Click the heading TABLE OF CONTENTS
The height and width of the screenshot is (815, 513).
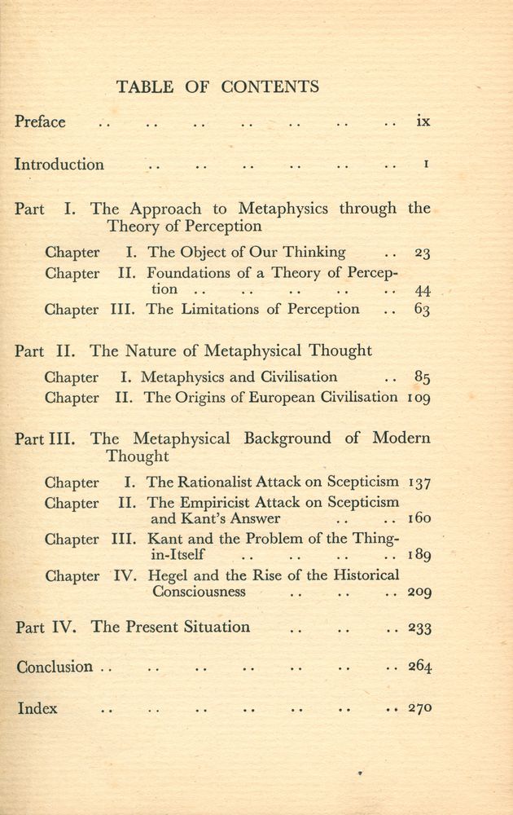pyautogui.click(x=217, y=87)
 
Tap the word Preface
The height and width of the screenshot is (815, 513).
pyautogui.click(x=40, y=122)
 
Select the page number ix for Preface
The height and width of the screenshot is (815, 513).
pyautogui.click(x=422, y=122)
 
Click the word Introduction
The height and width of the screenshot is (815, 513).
pyautogui.click(x=59, y=165)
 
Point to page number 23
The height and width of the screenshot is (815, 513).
pyautogui.click(x=422, y=253)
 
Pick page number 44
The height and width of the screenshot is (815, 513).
pyautogui.click(x=422, y=291)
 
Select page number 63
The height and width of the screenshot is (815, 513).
pyautogui.click(x=422, y=311)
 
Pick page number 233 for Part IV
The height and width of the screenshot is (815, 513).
pyautogui.click(x=419, y=628)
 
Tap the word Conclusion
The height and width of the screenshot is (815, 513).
pyautogui.click(x=55, y=667)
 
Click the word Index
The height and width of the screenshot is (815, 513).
pyautogui.click(x=38, y=708)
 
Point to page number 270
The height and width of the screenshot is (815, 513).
pyautogui.click(x=419, y=708)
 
